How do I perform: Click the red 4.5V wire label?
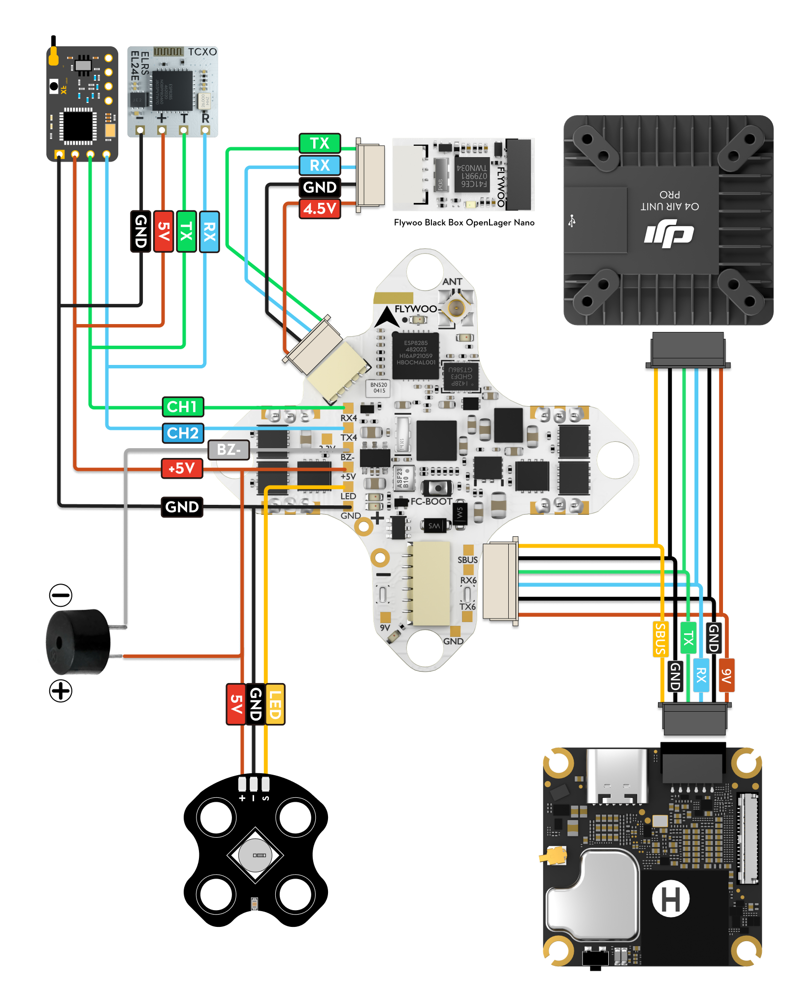pyautogui.click(x=320, y=209)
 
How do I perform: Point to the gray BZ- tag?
pyautogui.click(x=229, y=450)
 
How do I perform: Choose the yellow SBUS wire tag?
pyautogui.click(x=660, y=639)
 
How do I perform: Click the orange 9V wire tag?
pyautogui.click(x=726, y=675)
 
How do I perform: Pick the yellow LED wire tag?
pyautogui.click(x=275, y=704)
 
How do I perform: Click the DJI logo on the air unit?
pyautogui.click(x=669, y=235)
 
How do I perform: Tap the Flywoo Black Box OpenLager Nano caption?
pyautogui.click(x=464, y=223)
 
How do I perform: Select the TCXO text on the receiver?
pyautogui.click(x=202, y=52)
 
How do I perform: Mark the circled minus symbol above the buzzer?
pyautogui.click(x=61, y=595)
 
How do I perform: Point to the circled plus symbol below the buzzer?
pyautogui.click(x=61, y=690)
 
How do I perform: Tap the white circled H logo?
pyautogui.click(x=670, y=899)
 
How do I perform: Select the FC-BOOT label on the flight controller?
pyautogui.click(x=431, y=501)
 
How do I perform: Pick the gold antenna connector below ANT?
pyautogui.click(x=456, y=309)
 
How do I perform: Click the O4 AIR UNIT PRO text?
pyautogui.click(x=669, y=201)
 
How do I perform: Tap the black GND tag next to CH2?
pyautogui.click(x=182, y=507)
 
